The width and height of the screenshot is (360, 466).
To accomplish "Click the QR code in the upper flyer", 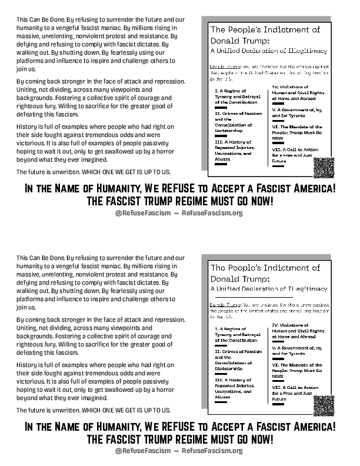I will point(324,168).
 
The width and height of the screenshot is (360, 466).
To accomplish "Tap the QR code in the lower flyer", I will point(324,406).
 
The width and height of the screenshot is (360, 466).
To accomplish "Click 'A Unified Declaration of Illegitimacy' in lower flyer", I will point(265,288).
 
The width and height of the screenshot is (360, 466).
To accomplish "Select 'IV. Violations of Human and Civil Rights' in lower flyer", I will point(298,328).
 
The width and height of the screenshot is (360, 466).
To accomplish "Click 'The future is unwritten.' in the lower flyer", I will point(48,410).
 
